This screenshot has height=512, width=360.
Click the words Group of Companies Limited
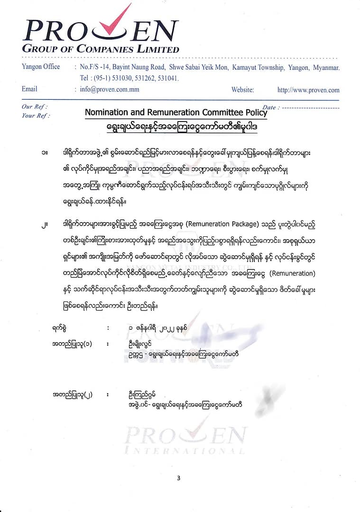click(101, 49)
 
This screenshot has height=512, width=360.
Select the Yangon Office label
click(41, 67)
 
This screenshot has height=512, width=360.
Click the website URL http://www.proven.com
click(308, 90)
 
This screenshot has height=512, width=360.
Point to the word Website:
click(242, 90)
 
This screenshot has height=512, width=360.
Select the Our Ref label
click(34, 107)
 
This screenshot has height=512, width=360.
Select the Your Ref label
click(36, 115)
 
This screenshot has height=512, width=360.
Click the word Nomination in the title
click(104, 112)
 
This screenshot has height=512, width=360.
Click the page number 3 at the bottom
click(178, 477)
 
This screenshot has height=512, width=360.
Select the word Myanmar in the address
click(326, 67)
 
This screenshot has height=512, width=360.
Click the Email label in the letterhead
click(29, 89)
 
